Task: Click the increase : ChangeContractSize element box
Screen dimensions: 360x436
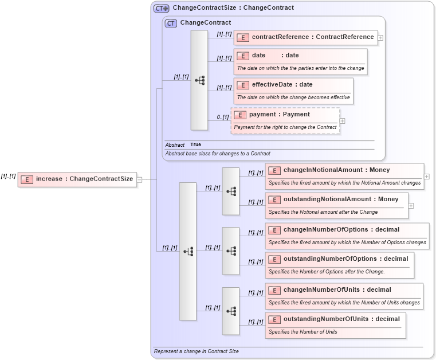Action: [77, 179]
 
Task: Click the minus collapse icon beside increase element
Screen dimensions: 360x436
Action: [139, 179]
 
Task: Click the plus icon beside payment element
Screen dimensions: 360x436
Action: [343, 121]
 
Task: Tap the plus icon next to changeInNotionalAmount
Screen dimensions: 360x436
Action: [427, 176]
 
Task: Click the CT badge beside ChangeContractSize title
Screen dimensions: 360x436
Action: [161, 8]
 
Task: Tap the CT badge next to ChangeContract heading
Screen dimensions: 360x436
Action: [171, 23]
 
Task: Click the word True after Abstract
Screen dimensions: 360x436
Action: [195, 144]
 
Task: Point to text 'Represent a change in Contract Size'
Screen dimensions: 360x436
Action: [196, 351]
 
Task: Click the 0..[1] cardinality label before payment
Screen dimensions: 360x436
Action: [223, 117]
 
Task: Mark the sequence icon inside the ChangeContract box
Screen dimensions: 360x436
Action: [199, 80]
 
